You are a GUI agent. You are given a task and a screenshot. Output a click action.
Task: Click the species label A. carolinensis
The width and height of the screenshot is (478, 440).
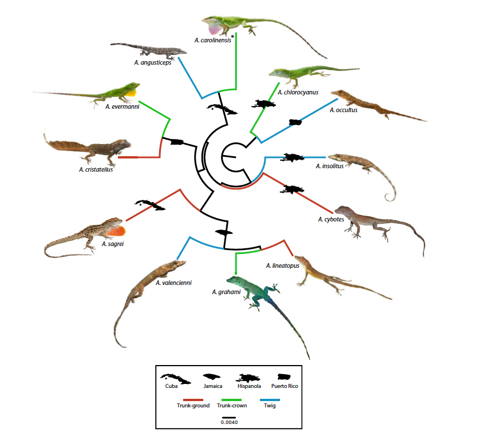click(x=212, y=40)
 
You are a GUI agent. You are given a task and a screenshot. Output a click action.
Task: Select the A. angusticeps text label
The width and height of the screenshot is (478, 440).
click(x=152, y=62)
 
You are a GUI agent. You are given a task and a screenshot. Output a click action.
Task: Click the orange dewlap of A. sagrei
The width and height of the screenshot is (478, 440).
click(x=118, y=231)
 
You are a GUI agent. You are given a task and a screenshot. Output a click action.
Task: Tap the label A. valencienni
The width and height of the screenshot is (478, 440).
click(x=173, y=283)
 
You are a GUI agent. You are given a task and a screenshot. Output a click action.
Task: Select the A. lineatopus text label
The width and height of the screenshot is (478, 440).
click(x=283, y=265)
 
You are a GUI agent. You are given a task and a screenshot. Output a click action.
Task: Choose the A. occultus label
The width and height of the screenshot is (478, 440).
click(x=343, y=110)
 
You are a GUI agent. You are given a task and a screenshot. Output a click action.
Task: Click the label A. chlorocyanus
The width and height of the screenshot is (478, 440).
click(x=298, y=92)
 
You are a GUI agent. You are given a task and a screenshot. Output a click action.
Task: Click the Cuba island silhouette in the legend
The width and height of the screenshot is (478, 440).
click(x=171, y=377)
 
